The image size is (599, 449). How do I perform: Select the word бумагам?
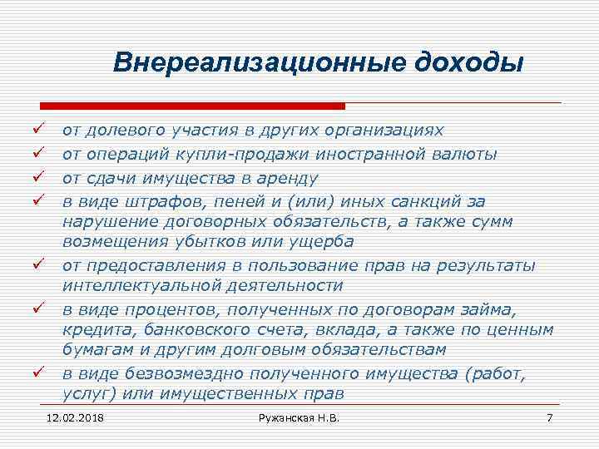tap(97, 350)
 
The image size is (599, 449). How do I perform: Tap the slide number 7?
tap(549, 416)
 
